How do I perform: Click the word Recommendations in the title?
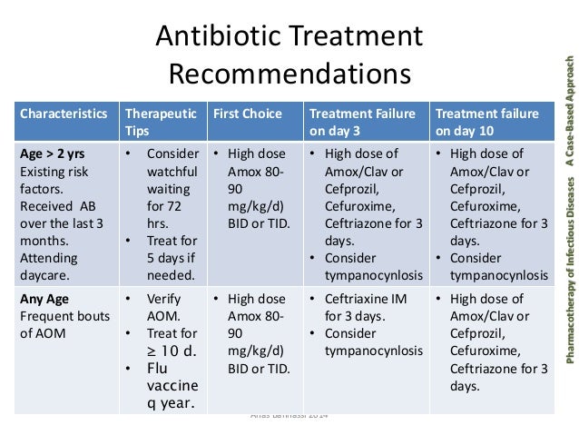[289, 74]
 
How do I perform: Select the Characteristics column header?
[64, 114]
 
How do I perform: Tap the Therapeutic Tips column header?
[160, 122]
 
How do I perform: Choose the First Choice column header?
[247, 114]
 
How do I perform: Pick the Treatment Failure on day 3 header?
[363, 122]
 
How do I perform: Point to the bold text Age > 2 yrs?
[55, 153]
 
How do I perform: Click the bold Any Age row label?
[44, 299]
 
